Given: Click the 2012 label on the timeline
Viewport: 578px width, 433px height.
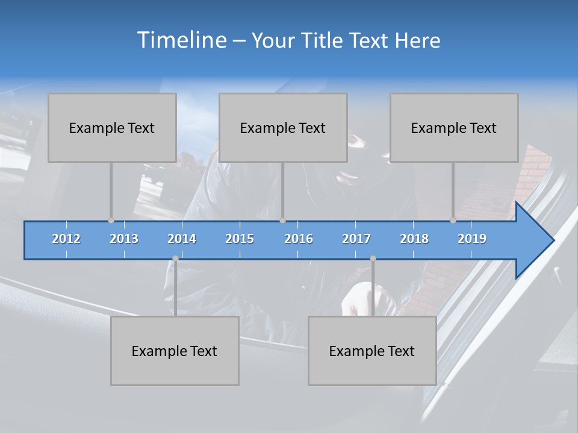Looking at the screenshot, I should (x=66, y=239).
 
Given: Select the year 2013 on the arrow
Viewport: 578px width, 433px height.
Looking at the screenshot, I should (x=124, y=239).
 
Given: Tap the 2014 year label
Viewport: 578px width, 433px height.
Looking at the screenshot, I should (x=182, y=239).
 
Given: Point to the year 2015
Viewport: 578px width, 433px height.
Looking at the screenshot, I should (x=240, y=239).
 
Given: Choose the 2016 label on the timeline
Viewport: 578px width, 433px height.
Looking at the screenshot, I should (x=299, y=239).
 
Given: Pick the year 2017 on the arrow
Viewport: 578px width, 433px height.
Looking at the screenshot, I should (x=356, y=239).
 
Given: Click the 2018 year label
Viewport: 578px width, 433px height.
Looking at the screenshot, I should (x=414, y=239).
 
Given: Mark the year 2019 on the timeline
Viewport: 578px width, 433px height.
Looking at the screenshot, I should (x=472, y=239).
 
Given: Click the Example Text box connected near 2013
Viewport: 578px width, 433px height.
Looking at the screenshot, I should (x=112, y=127).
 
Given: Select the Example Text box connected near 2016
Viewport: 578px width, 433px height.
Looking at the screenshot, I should (x=283, y=127).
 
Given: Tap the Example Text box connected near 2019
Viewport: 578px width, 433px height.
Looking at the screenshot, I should (x=454, y=127).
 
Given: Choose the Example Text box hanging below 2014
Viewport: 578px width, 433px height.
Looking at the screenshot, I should (x=175, y=351).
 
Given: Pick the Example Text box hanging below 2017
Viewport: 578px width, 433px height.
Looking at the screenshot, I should (x=372, y=351).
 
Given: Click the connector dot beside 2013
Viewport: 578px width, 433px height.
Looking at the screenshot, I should (x=111, y=221).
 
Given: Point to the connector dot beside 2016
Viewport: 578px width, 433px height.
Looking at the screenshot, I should (x=283, y=221).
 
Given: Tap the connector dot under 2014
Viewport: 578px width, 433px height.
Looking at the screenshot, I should (x=175, y=259).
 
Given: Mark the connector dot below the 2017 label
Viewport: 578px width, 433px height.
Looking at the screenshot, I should (x=373, y=259).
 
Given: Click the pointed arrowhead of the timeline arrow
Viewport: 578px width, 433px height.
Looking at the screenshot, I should (x=539, y=241).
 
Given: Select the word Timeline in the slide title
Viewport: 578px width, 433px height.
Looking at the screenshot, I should (x=181, y=40).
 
